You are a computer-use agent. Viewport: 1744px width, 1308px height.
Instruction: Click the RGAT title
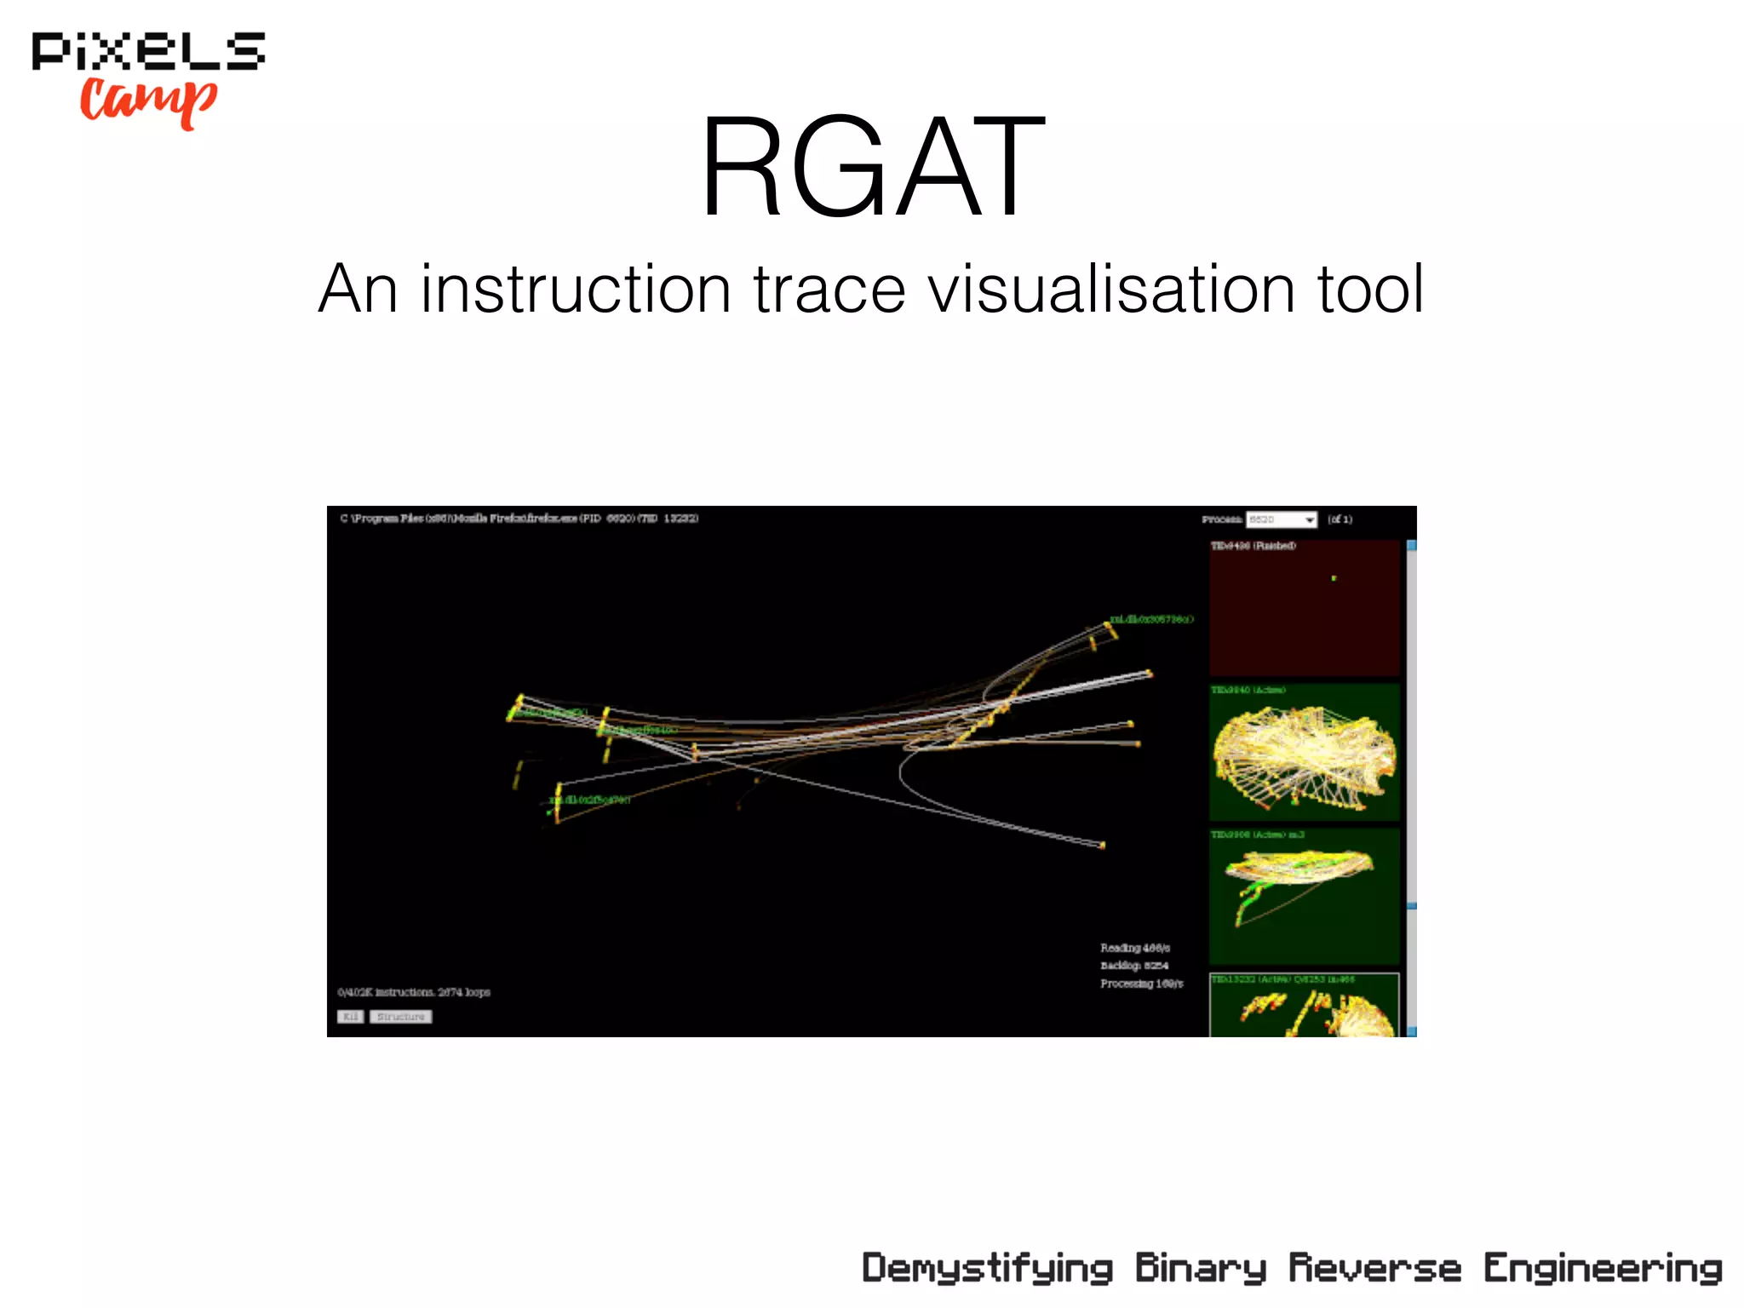tap(872, 168)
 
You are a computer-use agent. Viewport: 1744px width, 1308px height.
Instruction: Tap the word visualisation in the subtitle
tap(1110, 290)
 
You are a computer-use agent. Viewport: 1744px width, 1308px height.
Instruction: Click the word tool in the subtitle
tap(1371, 290)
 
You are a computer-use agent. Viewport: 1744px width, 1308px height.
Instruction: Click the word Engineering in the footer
tap(1603, 1269)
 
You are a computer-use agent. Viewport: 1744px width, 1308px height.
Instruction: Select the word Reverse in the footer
tap(1374, 1269)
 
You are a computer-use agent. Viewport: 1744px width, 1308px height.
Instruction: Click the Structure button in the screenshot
tap(400, 1017)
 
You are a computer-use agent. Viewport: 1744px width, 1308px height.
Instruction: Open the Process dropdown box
tap(1282, 519)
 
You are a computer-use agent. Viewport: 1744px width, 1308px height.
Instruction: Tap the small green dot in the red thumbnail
tap(1334, 578)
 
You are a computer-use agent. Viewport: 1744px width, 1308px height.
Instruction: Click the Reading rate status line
tap(1135, 948)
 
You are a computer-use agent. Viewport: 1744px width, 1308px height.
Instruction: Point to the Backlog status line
tap(1134, 966)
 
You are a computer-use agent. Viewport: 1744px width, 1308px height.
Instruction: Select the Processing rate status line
tap(1141, 984)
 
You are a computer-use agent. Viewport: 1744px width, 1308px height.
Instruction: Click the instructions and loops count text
tap(414, 992)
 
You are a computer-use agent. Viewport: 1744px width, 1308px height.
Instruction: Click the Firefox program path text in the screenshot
tap(519, 519)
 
